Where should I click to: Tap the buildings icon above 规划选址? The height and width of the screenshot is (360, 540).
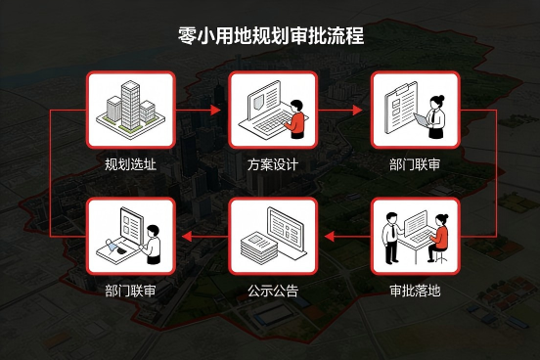tap(130, 112)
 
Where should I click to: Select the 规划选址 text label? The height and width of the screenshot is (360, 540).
tap(130, 163)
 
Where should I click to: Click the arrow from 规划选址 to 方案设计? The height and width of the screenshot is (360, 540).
tap(202, 112)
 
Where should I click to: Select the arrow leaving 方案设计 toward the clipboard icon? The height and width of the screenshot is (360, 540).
tap(343, 112)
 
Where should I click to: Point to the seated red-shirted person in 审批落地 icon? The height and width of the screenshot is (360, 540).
tap(438, 243)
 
